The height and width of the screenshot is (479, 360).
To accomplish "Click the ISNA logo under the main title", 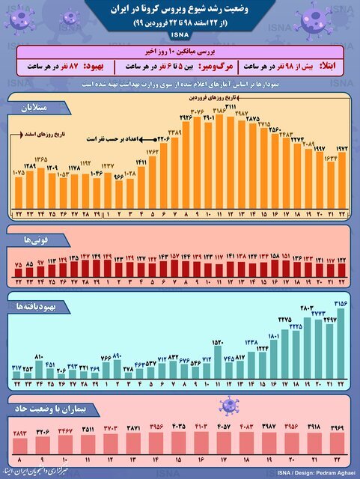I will click(180, 35).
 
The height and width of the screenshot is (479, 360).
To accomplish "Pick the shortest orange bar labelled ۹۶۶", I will click(118, 191).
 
